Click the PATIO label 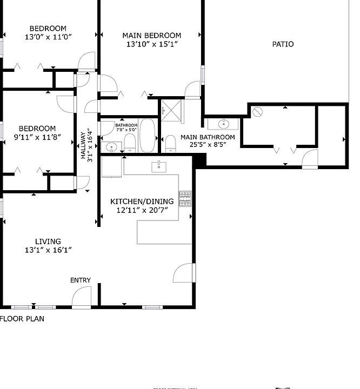283,44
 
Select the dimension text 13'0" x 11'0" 48,37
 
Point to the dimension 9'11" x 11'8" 37,137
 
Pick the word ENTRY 81,280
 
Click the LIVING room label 48,242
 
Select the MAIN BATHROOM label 208,137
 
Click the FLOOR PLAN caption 22,319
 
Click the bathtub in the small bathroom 148,137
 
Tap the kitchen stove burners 185,198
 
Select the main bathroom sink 224,123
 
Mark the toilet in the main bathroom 170,144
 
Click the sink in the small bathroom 111,146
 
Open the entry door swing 82,297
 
